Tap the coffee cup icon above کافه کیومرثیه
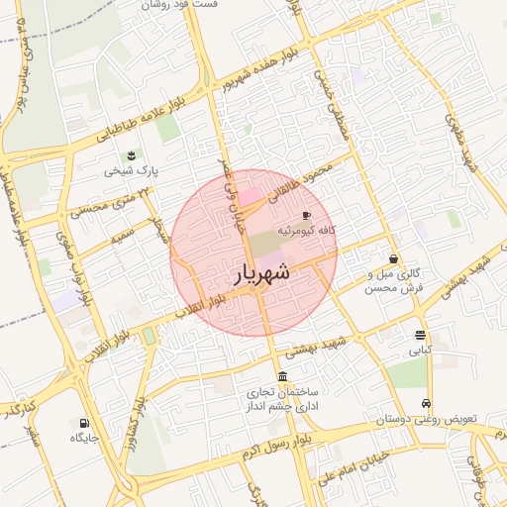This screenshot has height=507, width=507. point(306,215)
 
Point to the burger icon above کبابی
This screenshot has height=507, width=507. point(421,335)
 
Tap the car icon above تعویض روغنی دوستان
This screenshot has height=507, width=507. point(426,404)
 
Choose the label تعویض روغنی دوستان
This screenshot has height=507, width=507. point(426,419)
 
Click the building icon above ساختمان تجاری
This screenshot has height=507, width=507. point(283,376)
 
